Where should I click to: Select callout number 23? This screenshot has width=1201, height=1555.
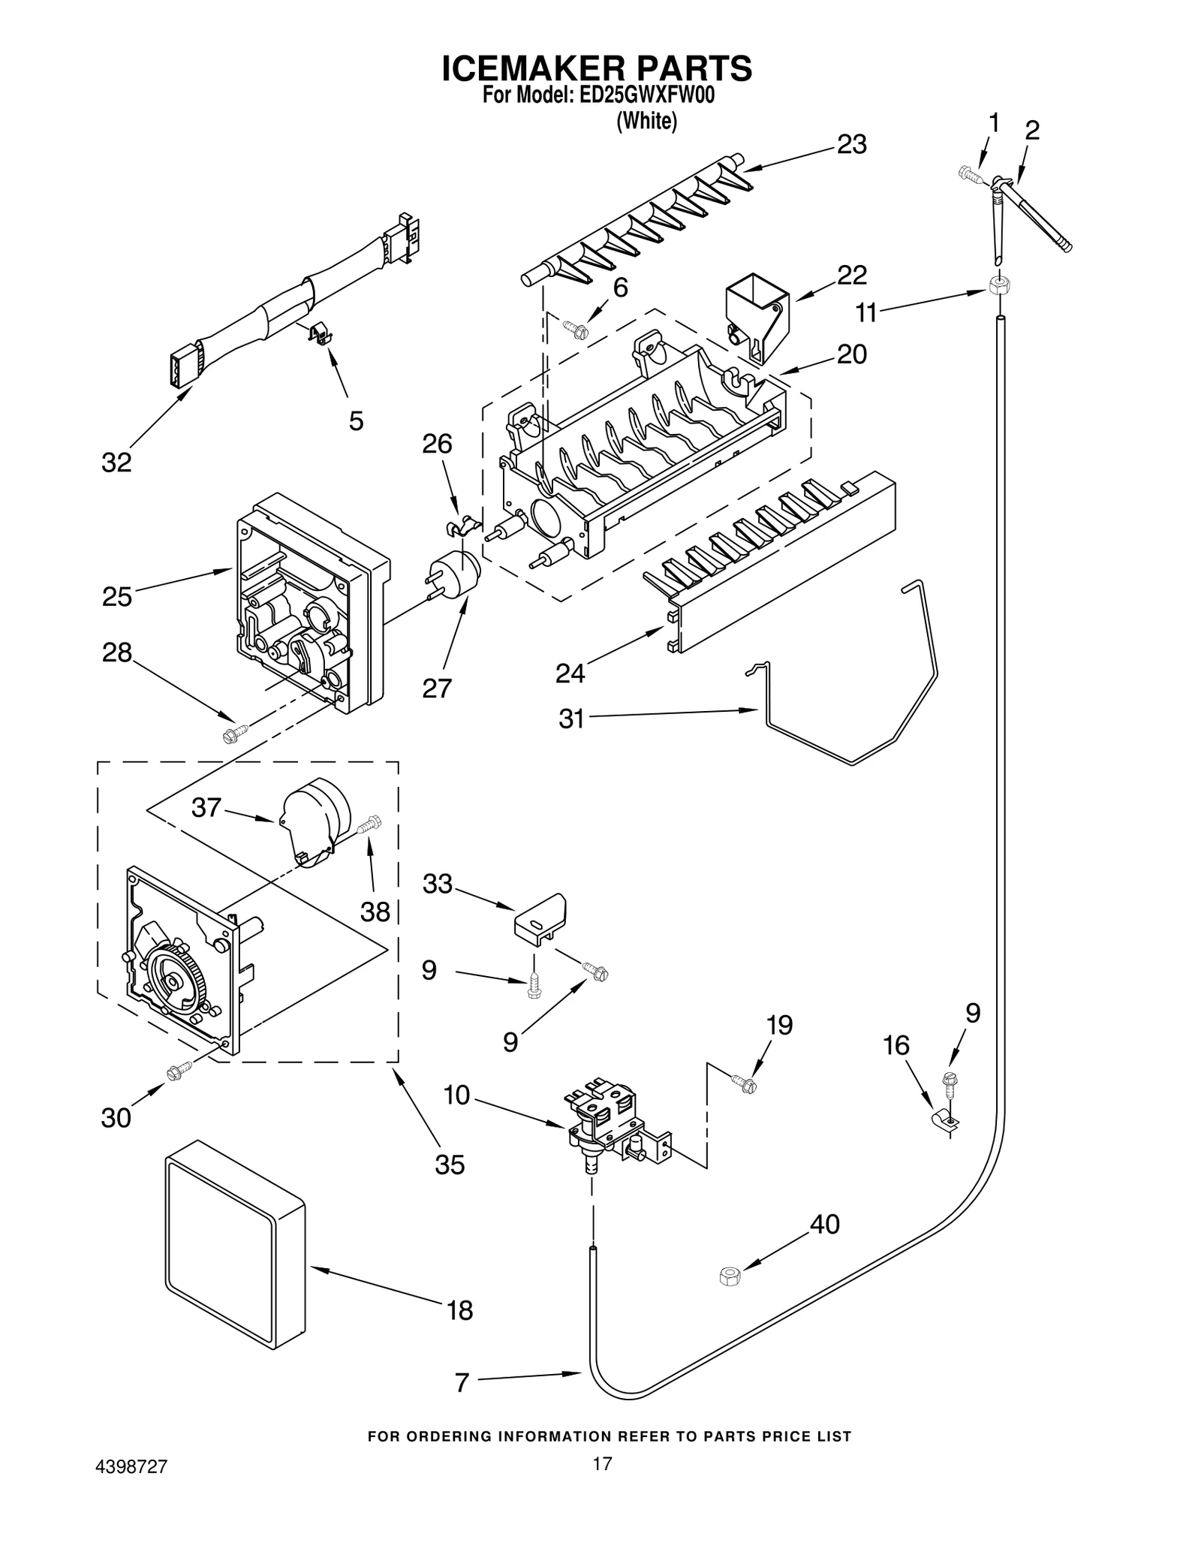[x=851, y=144]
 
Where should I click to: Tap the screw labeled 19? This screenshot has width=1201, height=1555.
[x=745, y=1083]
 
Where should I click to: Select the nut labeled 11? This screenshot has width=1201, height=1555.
[x=998, y=285]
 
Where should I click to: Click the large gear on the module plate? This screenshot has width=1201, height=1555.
[x=174, y=981]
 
